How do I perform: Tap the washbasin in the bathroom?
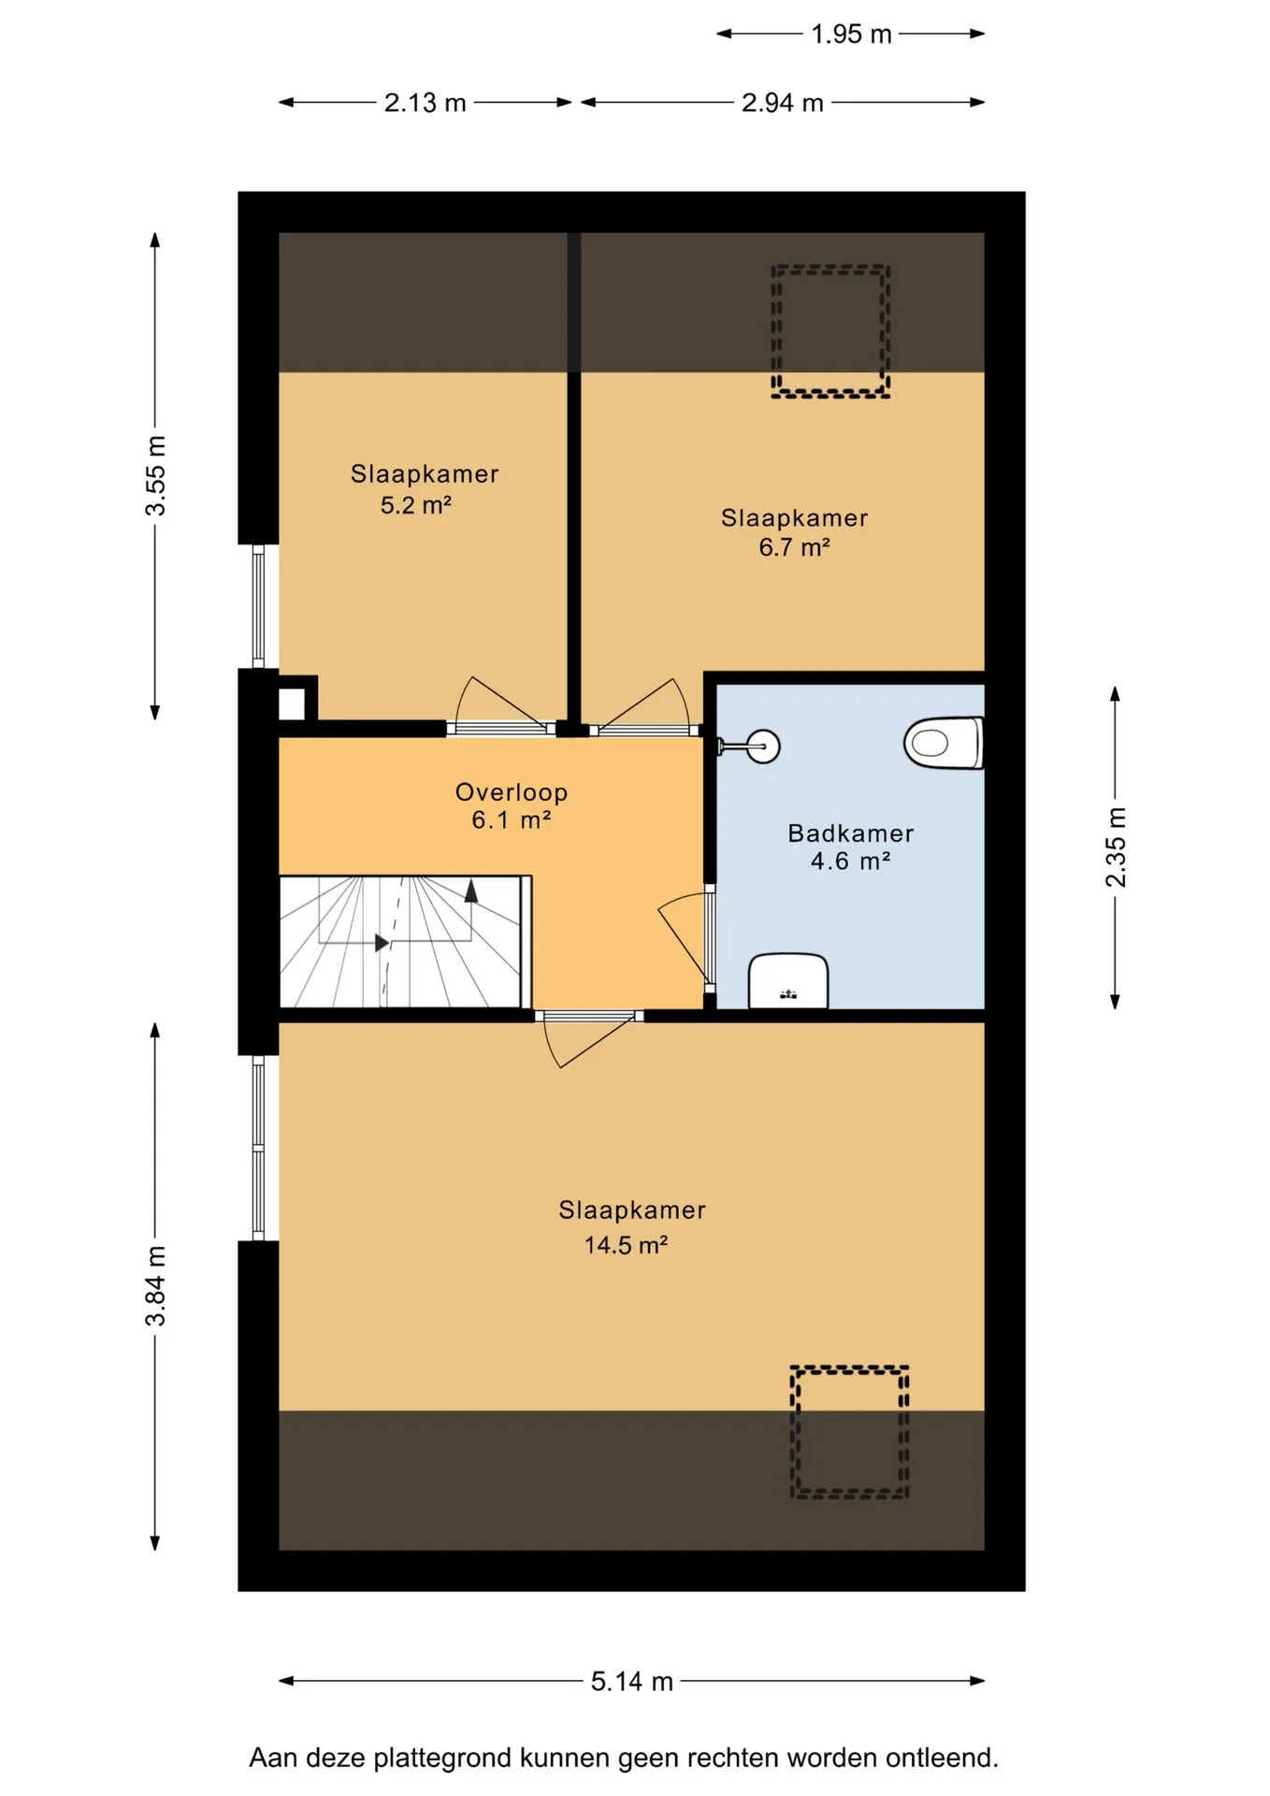pyautogui.click(x=788, y=980)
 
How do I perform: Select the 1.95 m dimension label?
pyautogui.click(x=851, y=35)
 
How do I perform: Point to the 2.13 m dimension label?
pyautogui.click(x=425, y=103)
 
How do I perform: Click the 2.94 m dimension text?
pyautogui.click(x=783, y=103)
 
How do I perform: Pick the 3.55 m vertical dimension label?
pyautogui.click(x=155, y=475)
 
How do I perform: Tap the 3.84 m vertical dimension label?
pyautogui.click(x=155, y=1285)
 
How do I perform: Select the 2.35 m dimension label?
pyautogui.click(x=1116, y=847)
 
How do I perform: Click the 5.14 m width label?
pyautogui.click(x=632, y=1681)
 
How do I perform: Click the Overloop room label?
pyautogui.click(x=512, y=792)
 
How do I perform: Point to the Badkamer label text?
pyautogui.click(x=851, y=833)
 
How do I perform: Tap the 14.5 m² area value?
pyautogui.click(x=626, y=1245)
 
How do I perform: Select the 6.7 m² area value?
pyautogui.click(x=794, y=547)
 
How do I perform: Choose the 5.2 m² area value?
pyautogui.click(x=416, y=505)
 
